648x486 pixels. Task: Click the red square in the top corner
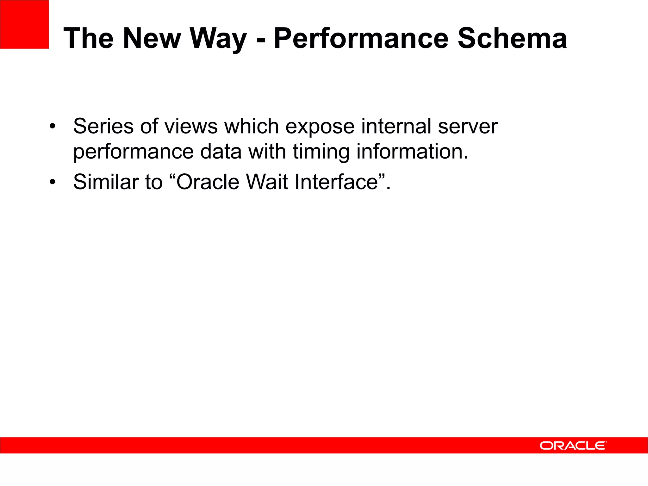click(x=24, y=24)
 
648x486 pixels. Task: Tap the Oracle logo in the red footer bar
click(x=573, y=445)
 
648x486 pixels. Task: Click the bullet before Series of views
click(x=53, y=127)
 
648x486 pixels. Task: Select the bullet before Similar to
click(x=53, y=182)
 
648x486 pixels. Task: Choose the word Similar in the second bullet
click(x=106, y=182)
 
